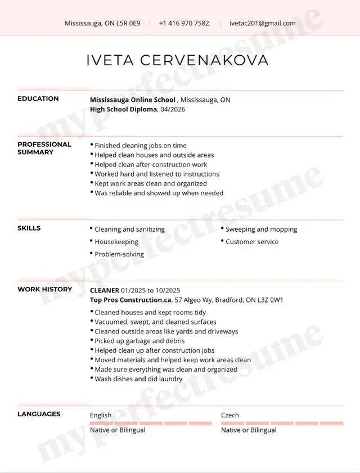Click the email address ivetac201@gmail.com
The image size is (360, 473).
[x=262, y=23]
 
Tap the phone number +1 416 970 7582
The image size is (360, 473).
[x=184, y=23]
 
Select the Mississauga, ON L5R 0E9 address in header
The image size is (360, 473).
[x=102, y=23]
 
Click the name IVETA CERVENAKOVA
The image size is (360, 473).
[x=178, y=61]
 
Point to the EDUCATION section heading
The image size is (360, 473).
[x=38, y=99]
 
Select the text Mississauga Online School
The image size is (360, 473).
[x=133, y=100]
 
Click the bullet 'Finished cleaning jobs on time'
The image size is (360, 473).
[x=140, y=145]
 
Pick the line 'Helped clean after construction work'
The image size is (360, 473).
[x=151, y=164]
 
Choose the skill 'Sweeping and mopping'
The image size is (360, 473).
[x=261, y=229]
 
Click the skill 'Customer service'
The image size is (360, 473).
[x=252, y=242]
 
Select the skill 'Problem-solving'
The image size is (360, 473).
[x=119, y=254]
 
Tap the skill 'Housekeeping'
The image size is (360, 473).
[x=116, y=242]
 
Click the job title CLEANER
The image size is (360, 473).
[x=104, y=290]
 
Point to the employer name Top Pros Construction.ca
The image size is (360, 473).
[x=130, y=300]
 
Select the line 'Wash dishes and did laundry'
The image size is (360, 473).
[x=138, y=379]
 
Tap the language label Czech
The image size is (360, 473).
[x=229, y=415]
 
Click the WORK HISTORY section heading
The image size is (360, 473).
[x=44, y=290]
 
